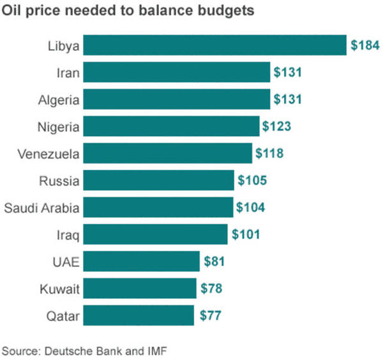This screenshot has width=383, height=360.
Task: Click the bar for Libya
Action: click(x=214, y=45)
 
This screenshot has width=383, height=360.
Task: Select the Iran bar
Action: click(x=177, y=73)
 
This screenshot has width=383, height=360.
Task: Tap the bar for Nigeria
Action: click(x=172, y=126)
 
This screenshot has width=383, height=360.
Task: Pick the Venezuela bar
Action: click(x=168, y=153)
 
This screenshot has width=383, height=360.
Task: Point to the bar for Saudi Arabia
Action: click(x=158, y=207)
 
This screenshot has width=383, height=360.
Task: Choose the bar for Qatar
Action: click(x=139, y=315)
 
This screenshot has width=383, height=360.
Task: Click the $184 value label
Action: click(x=365, y=45)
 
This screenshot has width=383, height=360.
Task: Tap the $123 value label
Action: click(x=276, y=126)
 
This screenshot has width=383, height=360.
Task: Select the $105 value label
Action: click(x=252, y=181)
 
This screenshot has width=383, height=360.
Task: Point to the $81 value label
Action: click(x=214, y=261)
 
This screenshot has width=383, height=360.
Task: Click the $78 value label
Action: click(x=211, y=289)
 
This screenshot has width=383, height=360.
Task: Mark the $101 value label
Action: click(x=245, y=234)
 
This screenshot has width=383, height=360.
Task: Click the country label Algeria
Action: click(x=58, y=100)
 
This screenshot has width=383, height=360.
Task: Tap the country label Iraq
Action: click(x=68, y=235)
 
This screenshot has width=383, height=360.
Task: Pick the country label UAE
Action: click(x=66, y=262)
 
